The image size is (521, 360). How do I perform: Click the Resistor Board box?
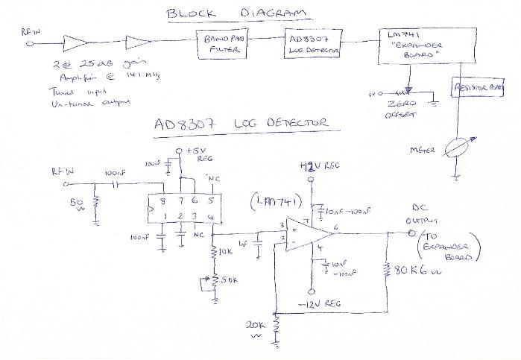click(477, 88)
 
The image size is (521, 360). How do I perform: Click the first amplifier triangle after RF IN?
click(78, 42)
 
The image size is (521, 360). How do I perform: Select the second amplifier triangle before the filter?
click(139, 42)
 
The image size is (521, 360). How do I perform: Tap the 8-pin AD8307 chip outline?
click(180, 208)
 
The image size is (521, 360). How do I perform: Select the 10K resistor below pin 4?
click(215, 253)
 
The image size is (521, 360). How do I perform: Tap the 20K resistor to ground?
click(277, 326)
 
